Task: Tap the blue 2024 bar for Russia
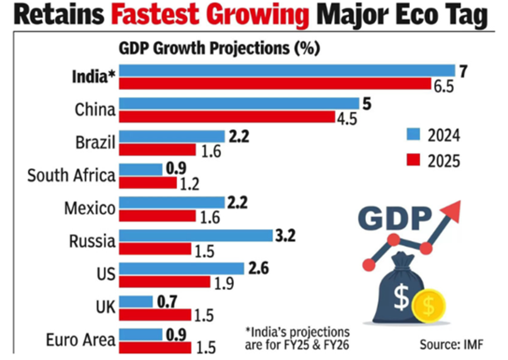[x=196, y=236]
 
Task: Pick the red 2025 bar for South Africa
[x=147, y=183]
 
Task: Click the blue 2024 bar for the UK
[x=136, y=302]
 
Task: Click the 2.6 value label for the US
[x=260, y=268]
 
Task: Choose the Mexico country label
[x=90, y=208]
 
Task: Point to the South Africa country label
[x=72, y=176]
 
